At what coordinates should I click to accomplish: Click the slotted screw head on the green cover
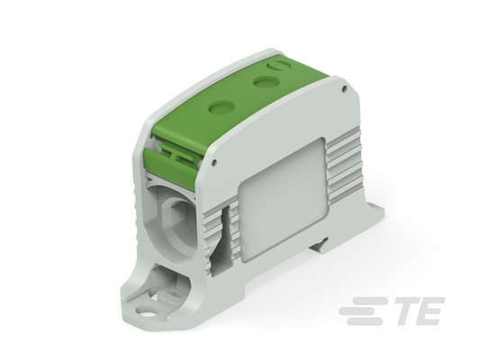pos(278,66)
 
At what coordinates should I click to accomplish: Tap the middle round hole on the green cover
pos(267,82)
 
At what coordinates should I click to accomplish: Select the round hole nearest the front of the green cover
pos(221,107)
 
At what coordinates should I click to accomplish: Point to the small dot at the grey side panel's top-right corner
pos(344,89)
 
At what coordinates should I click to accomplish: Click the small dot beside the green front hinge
pos(214,163)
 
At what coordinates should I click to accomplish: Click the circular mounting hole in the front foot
pos(148,312)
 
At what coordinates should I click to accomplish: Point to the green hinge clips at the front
pos(177,152)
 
